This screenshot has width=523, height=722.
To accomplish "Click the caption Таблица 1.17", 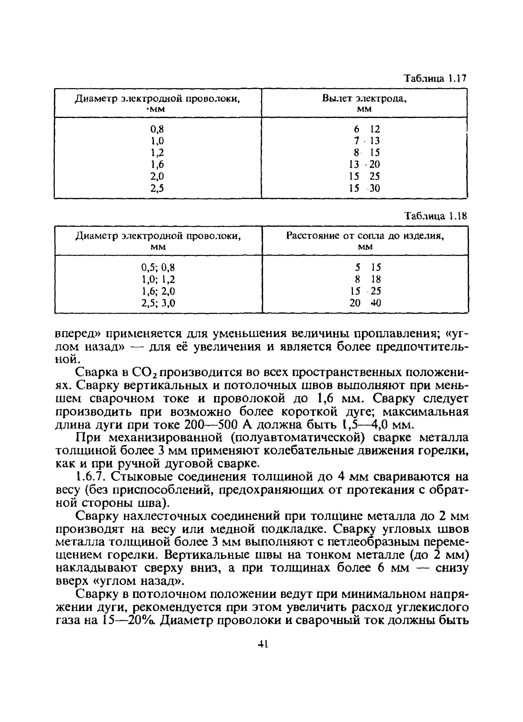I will pos(434,78).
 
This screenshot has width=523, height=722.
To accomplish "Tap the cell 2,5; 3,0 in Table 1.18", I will pos(158,303).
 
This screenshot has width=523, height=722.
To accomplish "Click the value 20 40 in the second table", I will pos(365,303).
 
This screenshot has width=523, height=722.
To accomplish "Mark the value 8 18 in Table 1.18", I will pos(368,279).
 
